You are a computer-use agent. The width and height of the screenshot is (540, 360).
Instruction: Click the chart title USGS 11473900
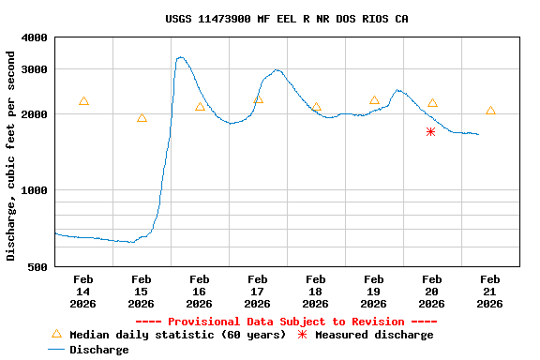pyautogui.click(x=286, y=19)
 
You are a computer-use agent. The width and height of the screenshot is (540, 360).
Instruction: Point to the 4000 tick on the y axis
pyautogui.click(x=35, y=37)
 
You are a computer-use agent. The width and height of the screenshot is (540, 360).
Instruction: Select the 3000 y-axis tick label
pyautogui.click(x=35, y=69)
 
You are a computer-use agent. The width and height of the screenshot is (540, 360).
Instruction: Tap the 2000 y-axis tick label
pyautogui.click(x=35, y=114)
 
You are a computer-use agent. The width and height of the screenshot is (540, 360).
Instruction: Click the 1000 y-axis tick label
pyautogui.click(x=35, y=190)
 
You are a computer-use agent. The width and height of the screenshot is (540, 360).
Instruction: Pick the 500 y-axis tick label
pyautogui.click(x=38, y=267)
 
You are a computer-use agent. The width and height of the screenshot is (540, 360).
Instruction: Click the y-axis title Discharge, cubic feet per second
pyautogui.click(x=11, y=156)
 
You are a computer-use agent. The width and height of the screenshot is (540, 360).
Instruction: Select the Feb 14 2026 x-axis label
pyautogui.click(x=83, y=292)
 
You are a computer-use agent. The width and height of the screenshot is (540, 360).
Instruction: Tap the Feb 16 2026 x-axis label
pyautogui.click(x=200, y=292)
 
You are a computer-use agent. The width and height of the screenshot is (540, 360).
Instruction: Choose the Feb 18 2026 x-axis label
pyautogui.click(x=316, y=292)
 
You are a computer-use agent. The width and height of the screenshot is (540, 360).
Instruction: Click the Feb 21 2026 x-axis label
pyautogui.click(x=490, y=292)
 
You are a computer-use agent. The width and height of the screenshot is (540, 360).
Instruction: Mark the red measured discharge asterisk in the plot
pyautogui.click(x=430, y=132)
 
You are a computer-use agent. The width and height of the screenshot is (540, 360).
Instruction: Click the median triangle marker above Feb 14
pyautogui.click(x=83, y=101)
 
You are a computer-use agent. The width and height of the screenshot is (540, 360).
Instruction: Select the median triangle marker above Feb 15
pyautogui.click(x=142, y=118)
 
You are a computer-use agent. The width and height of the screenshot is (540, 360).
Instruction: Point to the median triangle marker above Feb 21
pyautogui.click(x=490, y=111)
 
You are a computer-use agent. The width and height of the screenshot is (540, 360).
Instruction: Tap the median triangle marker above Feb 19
pyautogui.click(x=374, y=100)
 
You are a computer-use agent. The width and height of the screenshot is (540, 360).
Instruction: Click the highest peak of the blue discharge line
pyautogui.click(x=180, y=58)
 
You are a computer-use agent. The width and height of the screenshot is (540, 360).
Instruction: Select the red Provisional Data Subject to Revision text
pyautogui.click(x=286, y=322)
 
